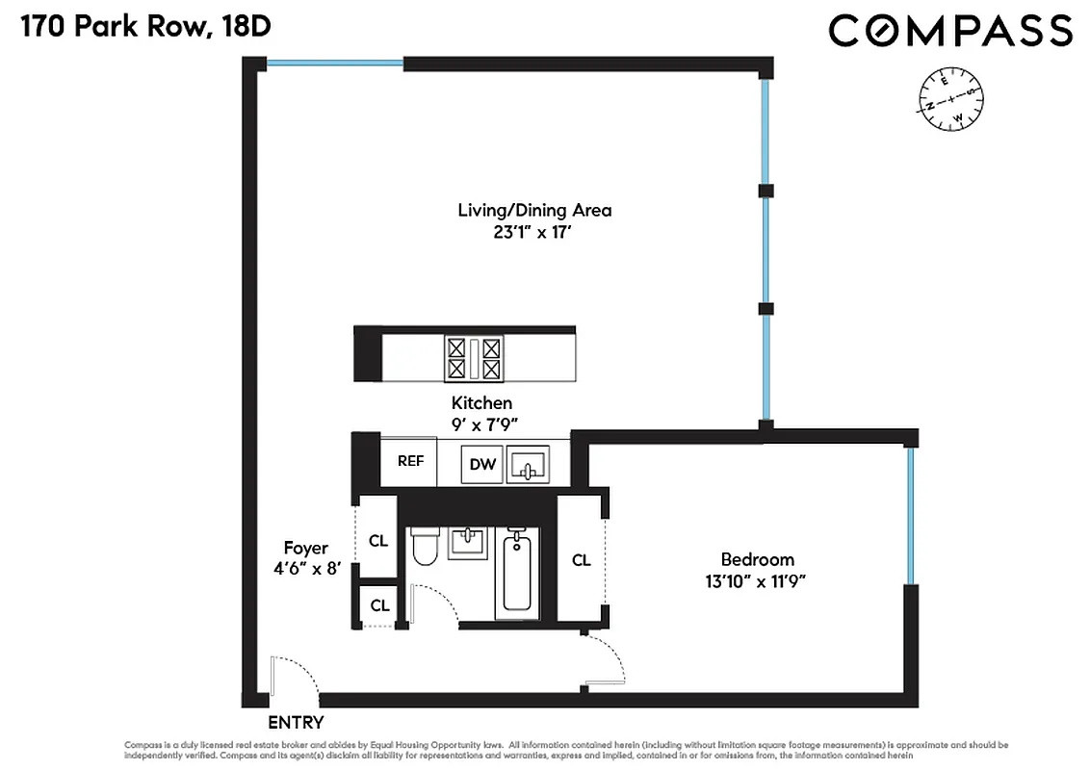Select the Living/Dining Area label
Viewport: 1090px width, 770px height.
(x=534, y=210)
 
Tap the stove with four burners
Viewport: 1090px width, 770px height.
(x=473, y=357)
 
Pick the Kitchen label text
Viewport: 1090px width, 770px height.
(x=481, y=403)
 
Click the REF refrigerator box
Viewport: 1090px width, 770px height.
(x=410, y=461)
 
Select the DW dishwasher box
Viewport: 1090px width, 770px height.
(x=482, y=465)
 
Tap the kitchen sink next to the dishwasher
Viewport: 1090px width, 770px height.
(x=528, y=464)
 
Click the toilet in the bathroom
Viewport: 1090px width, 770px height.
(x=425, y=550)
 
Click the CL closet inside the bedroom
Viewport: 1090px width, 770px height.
(x=581, y=560)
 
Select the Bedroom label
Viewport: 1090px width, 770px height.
(x=758, y=559)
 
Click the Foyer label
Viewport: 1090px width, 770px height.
(x=305, y=548)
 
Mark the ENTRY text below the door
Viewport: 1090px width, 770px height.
(x=296, y=723)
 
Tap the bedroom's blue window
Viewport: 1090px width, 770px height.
(x=909, y=517)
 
